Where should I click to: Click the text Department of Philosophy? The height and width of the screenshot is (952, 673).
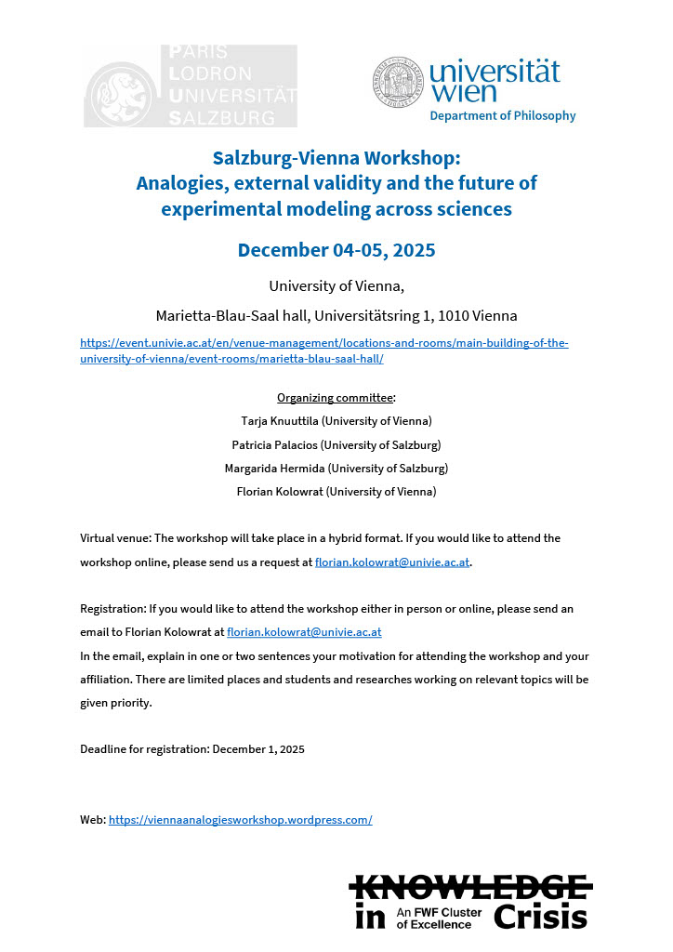(502, 116)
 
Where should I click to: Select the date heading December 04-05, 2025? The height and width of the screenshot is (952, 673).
(336, 250)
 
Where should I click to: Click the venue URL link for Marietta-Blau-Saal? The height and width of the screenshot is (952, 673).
(324, 350)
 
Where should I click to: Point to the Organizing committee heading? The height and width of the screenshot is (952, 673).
(335, 398)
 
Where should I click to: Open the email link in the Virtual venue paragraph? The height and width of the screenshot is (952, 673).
(392, 562)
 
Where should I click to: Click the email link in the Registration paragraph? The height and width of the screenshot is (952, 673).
(304, 632)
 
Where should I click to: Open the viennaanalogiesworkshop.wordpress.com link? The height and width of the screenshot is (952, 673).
(240, 820)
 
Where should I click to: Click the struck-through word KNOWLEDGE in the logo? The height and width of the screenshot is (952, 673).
(470, 886)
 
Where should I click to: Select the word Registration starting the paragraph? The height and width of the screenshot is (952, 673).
(111, 608)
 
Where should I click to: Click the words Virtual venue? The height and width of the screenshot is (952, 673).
(115, 538)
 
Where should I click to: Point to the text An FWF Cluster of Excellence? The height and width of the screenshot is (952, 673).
(440, 919)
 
